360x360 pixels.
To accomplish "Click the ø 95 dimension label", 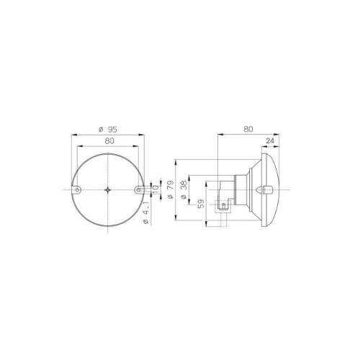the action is [x=108, y=130].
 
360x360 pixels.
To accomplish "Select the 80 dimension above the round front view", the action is [x=109, y=141].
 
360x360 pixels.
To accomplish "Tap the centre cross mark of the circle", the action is [x=108, y=190].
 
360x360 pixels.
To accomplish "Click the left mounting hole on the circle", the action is [x=77, y=190].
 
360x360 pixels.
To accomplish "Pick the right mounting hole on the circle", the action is [x=138, y=190].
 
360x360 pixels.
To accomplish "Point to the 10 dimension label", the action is [x=156, y=190].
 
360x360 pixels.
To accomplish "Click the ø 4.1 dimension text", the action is [x=146, y=213].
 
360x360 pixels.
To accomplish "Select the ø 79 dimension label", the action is [x=170, y=189].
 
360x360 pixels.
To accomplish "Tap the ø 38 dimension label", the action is [x=184, y=189].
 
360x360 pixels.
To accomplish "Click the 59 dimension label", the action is [x=202, y=204].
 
